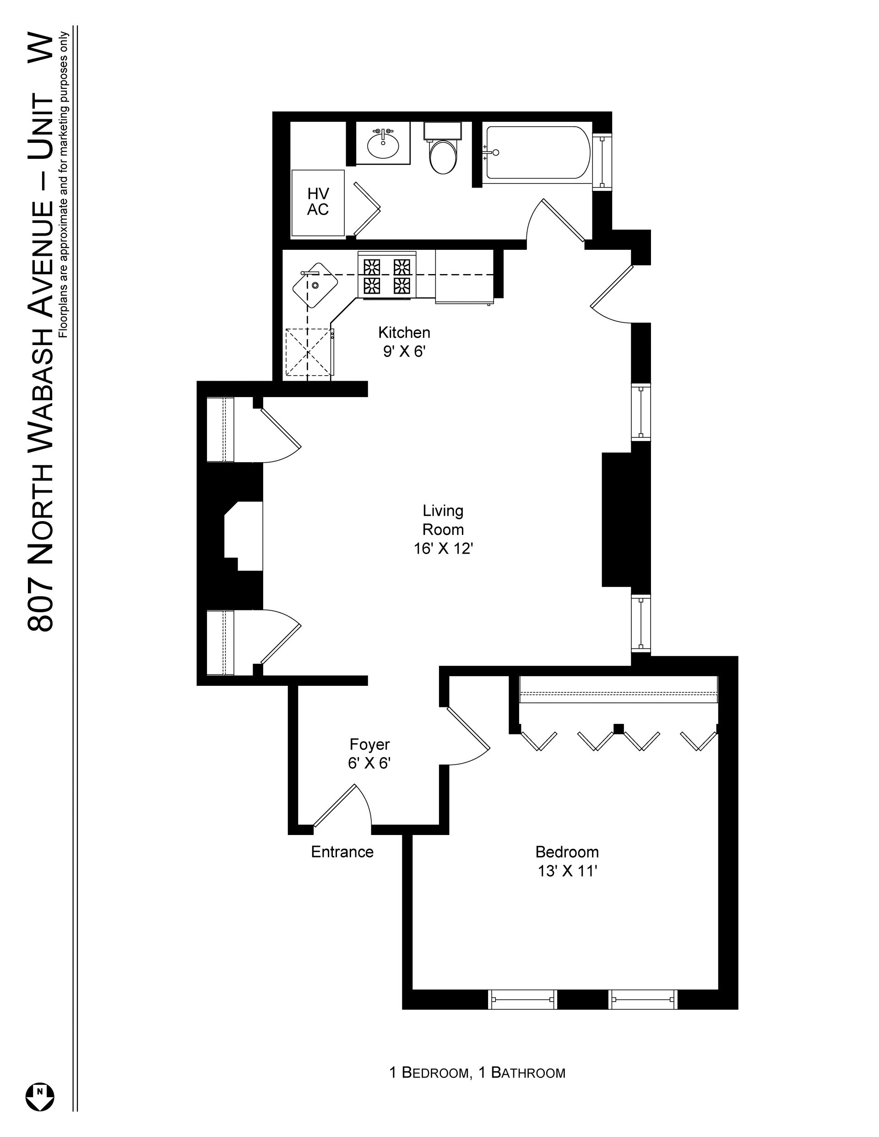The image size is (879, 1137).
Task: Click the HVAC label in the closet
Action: (318, 201)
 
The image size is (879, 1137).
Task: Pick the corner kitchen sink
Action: (315, 286)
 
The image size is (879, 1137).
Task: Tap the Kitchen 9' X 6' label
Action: (404, 341)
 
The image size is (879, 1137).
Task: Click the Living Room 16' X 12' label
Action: (443, 529)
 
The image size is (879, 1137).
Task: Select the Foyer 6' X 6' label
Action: (369, 753)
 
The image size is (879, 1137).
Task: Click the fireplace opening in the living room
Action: (243, 536)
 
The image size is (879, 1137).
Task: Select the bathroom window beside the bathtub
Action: (602, 162)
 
